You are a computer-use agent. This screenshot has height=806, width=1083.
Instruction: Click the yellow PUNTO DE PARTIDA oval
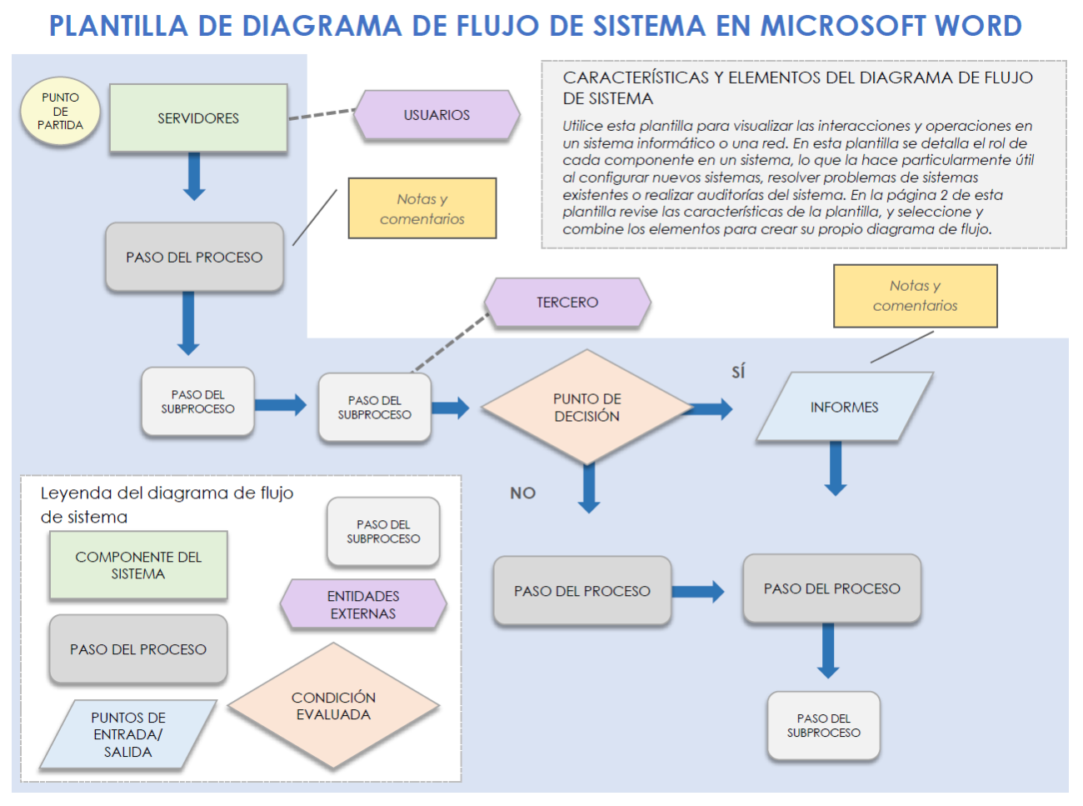click(60, 112)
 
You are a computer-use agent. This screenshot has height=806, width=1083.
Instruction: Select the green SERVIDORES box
click(198, 118)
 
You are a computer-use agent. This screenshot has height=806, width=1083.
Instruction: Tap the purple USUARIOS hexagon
click(437, 115)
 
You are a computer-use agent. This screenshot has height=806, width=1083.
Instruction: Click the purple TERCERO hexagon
click(566, 302)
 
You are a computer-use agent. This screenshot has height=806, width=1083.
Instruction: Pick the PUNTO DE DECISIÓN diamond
click(586, 408)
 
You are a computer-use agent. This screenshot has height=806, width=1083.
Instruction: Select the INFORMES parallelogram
click(844, 407)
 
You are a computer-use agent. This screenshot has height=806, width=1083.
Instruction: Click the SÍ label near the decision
click(738, 372)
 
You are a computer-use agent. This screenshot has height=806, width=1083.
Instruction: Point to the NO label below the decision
click(522, 493)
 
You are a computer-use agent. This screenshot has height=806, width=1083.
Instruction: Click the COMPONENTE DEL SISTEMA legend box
click(138, 565)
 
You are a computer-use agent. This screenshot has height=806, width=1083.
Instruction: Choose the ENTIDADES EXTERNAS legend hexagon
click(363, 604)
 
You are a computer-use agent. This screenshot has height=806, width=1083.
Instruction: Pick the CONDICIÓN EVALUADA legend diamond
click(333, 706)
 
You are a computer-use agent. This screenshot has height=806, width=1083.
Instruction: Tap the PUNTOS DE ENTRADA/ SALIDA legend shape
click(127, 734)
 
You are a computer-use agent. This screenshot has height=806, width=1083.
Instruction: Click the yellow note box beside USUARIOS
click(422, 208)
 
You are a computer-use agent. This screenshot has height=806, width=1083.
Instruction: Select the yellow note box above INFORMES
click(915, 296)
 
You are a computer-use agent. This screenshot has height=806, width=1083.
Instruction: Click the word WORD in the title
click(978, 26)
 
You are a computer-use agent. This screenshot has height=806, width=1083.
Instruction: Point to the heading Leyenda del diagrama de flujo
click(167, 493)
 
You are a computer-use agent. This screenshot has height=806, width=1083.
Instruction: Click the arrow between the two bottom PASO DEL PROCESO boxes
click(698, 592)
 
